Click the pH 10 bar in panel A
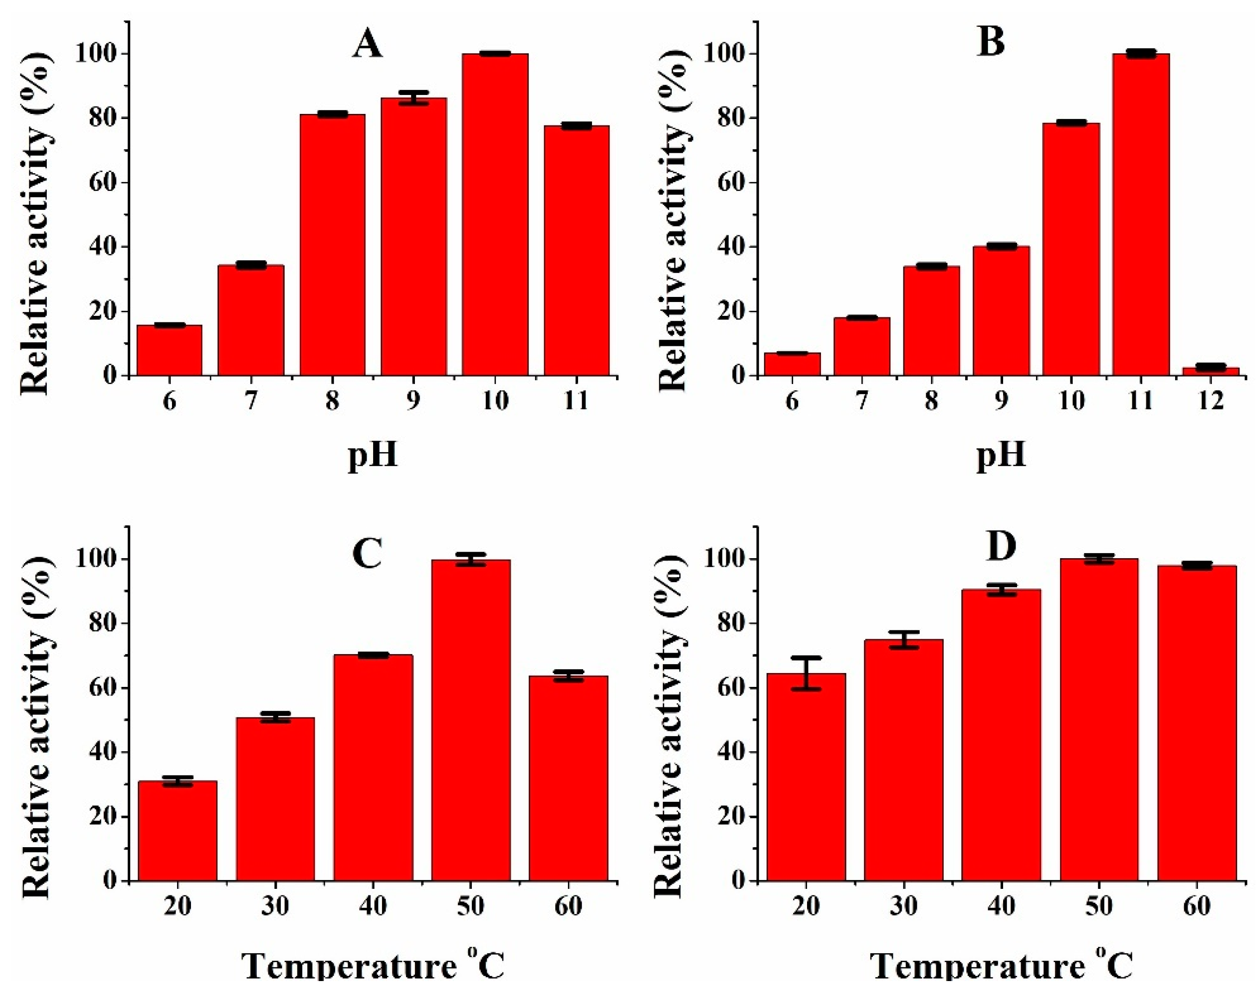click(x=495, y=214)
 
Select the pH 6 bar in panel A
click(x=169, y=350)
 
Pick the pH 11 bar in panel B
click(x=1140, y=214)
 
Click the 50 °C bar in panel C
click(x=471, y=720)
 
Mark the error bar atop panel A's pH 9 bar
click(x=413, y=98)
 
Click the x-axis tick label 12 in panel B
click(x=1210, y=401)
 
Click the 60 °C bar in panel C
click(x=568, y=778)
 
